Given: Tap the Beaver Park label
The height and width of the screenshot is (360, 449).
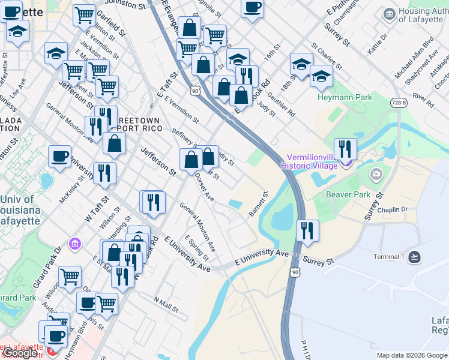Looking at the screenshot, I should (348, 194).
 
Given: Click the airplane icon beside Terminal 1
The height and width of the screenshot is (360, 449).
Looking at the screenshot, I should (414, 257).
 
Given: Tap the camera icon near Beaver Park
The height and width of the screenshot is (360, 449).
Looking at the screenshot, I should (376, 174).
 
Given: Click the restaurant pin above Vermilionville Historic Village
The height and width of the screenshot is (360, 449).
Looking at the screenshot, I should (345, 148).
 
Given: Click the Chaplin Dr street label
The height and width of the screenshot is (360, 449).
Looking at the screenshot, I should (393, 209).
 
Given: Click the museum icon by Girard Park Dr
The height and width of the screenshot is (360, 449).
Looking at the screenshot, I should (75, 244).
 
